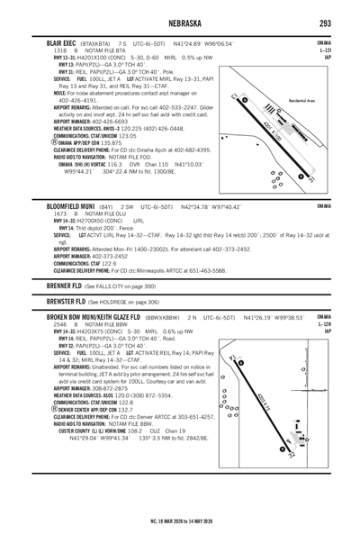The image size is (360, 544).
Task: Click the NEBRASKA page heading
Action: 179,22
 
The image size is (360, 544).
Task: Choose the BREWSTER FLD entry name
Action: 60,303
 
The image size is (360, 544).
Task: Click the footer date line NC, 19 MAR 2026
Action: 179,521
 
